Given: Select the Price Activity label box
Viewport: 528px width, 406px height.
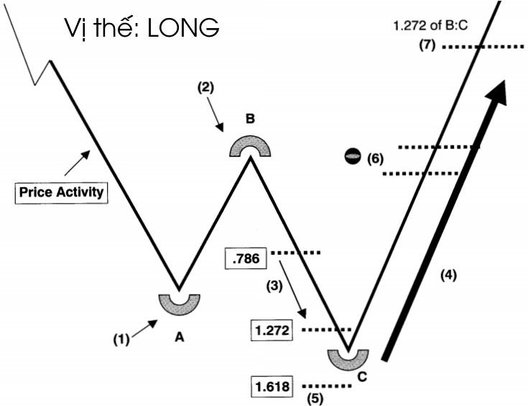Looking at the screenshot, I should coord(61,192).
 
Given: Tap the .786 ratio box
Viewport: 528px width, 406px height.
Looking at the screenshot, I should coord(246,258).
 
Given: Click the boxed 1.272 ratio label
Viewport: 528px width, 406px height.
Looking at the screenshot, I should coord(272,330).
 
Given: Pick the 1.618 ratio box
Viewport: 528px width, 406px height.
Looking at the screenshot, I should coord(272,387).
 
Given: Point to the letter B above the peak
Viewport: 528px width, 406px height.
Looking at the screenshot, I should coord(250,119).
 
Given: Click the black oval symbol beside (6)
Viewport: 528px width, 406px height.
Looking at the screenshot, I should coord(353,156).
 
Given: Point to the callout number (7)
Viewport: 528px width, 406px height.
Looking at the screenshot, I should coord(427,46).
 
